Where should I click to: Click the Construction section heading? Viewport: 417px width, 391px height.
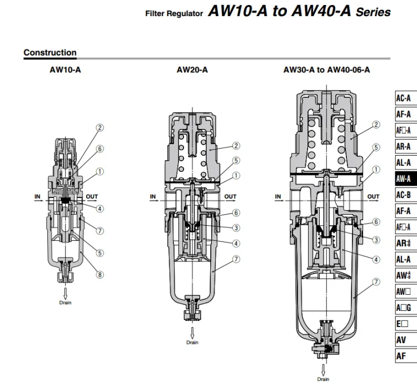pos(50,52)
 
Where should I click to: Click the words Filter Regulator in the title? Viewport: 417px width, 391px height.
pos(174,13)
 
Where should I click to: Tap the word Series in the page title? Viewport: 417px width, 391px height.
pos(374,12)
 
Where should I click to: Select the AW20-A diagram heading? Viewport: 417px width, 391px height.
pos(192,70)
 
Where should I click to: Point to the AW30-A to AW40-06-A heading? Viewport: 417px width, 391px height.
pos(326,70)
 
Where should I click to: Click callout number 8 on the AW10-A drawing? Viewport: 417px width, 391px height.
pos(100,275)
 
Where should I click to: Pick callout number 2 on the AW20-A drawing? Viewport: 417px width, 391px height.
pos(236,146)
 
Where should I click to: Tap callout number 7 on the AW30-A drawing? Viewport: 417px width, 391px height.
pos(376,281)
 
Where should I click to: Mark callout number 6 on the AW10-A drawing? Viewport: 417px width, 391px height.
pos(100,149)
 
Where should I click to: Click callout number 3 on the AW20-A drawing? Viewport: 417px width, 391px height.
pos(236,228)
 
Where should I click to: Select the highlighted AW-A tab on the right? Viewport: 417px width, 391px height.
pos(406,179)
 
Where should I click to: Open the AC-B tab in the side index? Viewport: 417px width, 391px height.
pos(406,195)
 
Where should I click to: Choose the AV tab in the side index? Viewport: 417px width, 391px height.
pos(406,340)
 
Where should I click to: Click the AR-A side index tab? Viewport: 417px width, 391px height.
pos(406,147)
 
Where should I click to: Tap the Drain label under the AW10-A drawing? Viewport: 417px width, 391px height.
pos(65,303)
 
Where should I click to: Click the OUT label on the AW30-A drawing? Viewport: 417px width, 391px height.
pos(373,196)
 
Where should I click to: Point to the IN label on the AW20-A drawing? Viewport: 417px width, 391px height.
pos(153,196)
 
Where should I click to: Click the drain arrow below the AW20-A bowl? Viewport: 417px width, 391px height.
pos(192,333)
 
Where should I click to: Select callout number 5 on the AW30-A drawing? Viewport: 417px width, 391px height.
pos(376,147)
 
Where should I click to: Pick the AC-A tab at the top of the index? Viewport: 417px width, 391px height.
pos(406,98)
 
